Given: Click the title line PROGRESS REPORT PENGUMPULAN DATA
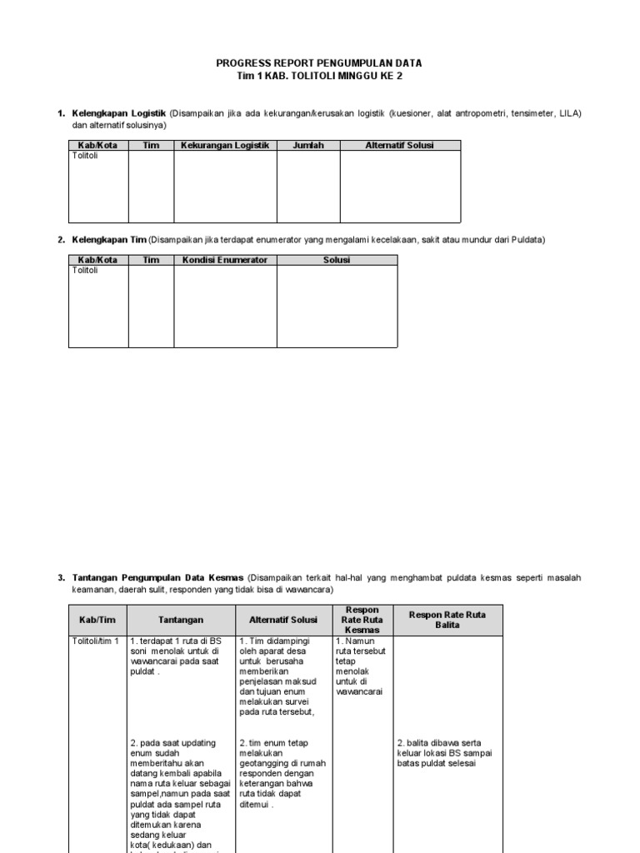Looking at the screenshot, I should tap(319, 63).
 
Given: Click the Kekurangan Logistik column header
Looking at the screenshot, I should tap(225, 145).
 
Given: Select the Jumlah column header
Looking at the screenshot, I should tap(307, 145).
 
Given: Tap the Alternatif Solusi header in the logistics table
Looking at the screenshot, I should tap(399, 145).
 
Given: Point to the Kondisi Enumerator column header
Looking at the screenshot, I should tap(225, 260).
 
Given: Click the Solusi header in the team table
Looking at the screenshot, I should tap(337, 260).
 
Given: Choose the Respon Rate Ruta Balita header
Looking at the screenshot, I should tap(447, 620).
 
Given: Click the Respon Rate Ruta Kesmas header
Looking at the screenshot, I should tap(362, 620).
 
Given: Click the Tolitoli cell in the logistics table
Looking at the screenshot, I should tap(85, 156).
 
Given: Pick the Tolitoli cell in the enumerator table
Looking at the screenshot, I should tap(85, 271).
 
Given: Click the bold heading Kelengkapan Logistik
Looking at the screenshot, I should tap(119, 112).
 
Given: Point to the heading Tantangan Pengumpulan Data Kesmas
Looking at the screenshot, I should tap(157, 577).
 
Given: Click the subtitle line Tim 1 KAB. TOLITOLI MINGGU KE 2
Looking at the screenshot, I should tap(319, 76).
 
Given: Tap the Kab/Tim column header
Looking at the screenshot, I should tap(97, 620).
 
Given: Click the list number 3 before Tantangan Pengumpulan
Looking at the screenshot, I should tap(60, 577).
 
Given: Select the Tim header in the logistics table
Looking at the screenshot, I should tap(151, 145).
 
